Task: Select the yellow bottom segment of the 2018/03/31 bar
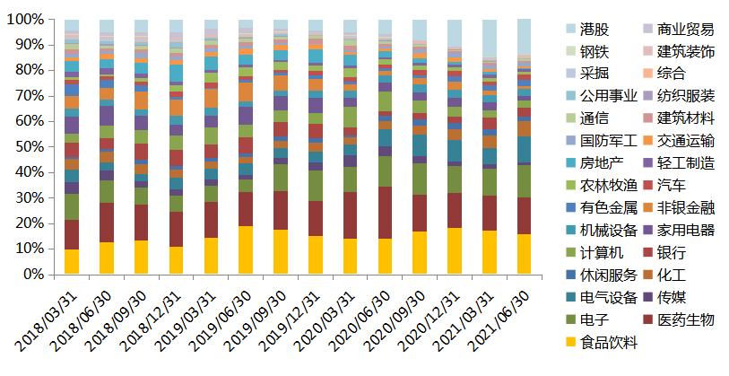[x=72, y=262]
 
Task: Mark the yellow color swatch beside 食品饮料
[x=571, y=342]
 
